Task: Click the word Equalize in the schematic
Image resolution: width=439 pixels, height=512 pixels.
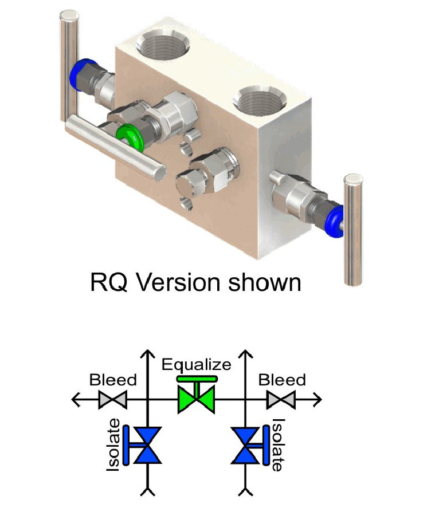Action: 197,364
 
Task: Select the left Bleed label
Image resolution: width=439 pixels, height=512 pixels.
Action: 113,380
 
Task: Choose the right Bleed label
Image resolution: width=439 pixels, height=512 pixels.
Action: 282,380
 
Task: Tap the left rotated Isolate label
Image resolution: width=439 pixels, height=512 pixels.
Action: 113,446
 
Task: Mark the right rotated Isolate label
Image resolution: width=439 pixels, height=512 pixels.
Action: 277,445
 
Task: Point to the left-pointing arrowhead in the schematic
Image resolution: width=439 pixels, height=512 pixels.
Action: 75,399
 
